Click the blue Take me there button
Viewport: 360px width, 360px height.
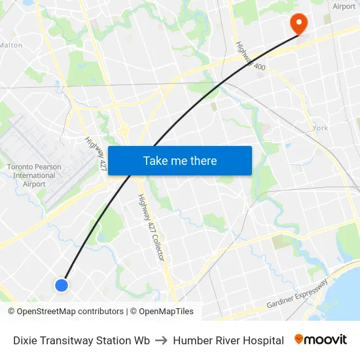[180, 160]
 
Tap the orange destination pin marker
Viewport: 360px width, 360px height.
[298, 24]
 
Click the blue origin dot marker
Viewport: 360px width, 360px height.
[62, 285]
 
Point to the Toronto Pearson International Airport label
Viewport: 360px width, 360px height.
[34, 175]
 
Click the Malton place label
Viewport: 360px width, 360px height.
[10, 45]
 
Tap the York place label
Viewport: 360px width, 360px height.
[320, 128]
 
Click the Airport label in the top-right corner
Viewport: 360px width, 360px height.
[344, 7]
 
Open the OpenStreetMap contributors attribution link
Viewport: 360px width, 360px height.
[71, 312]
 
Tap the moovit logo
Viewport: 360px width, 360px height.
[321, 340]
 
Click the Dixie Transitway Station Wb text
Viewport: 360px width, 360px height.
[82, 340]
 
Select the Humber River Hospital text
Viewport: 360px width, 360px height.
[228, 340]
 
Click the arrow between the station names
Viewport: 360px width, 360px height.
[161, 340]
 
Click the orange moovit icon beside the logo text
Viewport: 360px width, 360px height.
[299, 339]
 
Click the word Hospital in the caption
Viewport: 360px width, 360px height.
[262, 340]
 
